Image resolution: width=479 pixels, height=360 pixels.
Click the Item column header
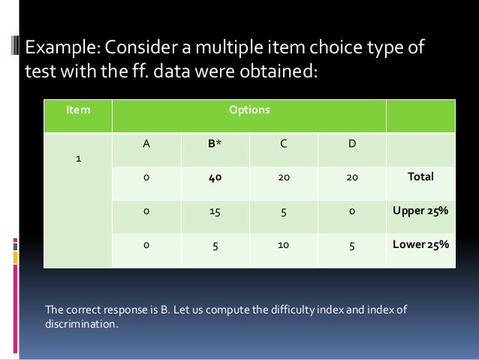77,110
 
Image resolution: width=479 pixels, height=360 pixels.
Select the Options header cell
249,110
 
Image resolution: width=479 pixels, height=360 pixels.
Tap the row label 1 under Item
77,160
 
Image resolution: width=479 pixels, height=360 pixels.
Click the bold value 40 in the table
215,177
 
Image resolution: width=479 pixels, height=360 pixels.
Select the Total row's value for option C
283,177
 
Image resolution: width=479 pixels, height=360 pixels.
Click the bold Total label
420,177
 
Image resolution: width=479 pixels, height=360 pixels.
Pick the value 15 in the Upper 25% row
215,211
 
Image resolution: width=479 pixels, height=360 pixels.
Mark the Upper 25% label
420,211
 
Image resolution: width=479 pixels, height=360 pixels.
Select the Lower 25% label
420,244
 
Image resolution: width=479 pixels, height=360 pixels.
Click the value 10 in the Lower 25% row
283,244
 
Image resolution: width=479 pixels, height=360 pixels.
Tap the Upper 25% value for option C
283,211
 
